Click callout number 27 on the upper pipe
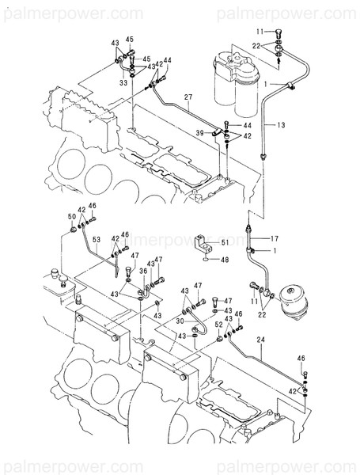click(x=188, y=97)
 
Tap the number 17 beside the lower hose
click(x=275, y=237)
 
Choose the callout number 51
click(x=224, y=242)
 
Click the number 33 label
click(x=123, y=82)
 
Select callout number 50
click(x=72, y=216)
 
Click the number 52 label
click(x=219, y=325)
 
